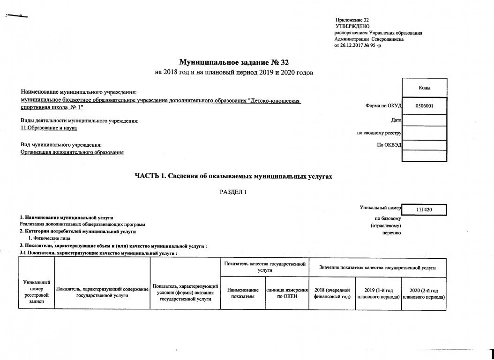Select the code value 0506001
tap(424, 106)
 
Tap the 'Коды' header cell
tap(424, 88)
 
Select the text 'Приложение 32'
tap(352, 20)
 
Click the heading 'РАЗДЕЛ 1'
tap(233, 193)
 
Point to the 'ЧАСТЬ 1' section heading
tap(233, 176)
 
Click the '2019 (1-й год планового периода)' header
tap(377, 293)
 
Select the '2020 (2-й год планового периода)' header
tap(423, 293)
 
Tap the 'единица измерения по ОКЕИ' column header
tap(286, 293)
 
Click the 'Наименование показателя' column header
tap(242, 293)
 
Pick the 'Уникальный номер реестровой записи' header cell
tap(37, 292)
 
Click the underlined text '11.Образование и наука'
tap(49, 127)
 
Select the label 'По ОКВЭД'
tap(389, 145)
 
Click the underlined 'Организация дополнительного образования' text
tap(72, 152)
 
